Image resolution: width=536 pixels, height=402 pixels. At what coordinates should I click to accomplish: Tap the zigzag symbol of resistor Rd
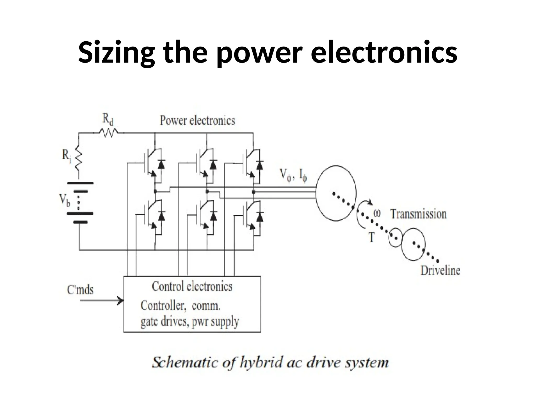point(108,133)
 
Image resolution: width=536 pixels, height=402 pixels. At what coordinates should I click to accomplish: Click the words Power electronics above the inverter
point(197,121)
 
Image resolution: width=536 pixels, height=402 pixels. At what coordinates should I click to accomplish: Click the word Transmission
point(418,214)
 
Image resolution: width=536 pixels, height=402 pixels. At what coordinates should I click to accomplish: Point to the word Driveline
point(440,271)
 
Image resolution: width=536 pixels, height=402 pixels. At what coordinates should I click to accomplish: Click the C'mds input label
point(80,290)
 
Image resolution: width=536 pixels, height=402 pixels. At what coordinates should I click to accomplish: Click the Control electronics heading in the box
point(192,286)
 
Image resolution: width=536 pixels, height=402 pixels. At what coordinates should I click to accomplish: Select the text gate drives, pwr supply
point(190,322)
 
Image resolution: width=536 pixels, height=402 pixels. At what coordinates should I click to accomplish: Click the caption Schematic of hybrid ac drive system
point(270,363)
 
